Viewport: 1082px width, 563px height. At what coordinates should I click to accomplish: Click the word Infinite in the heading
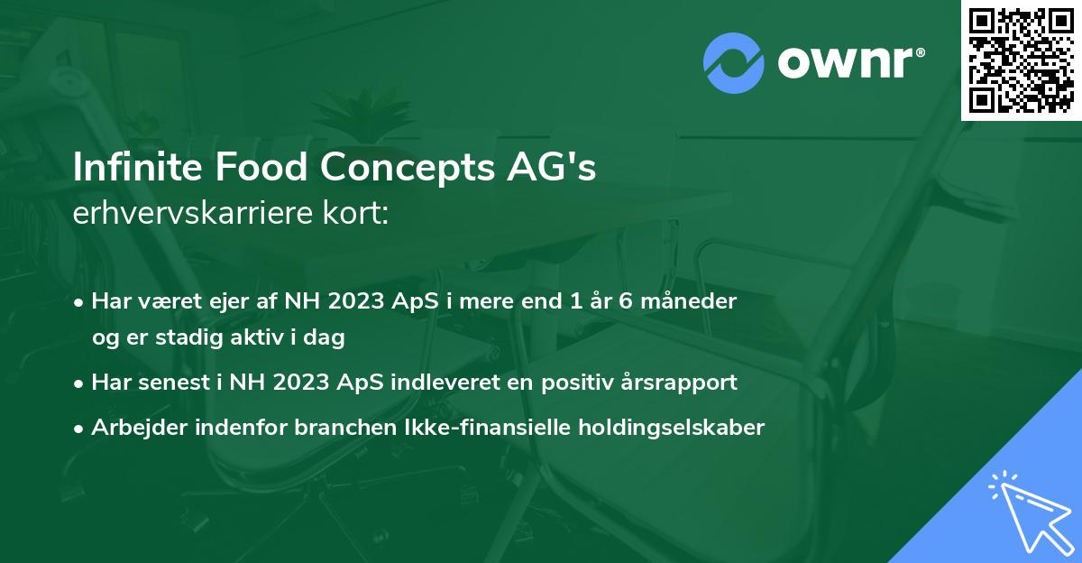(124, 168)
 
